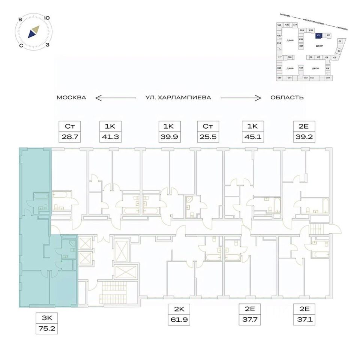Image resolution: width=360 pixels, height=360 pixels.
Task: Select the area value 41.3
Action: coord(110,137)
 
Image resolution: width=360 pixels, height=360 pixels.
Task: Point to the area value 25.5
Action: coord(208,137)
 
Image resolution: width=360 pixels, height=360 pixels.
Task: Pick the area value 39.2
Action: coord(303,137)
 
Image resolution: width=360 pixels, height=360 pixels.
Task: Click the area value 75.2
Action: coord(47,330)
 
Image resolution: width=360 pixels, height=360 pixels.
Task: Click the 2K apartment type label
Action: coord(180,309)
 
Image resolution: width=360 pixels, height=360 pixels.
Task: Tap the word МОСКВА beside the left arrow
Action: coord(71,97)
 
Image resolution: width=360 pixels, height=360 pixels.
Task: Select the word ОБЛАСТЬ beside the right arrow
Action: coord(287,97)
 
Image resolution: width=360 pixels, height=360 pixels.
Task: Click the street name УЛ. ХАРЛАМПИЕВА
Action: coord(178,97)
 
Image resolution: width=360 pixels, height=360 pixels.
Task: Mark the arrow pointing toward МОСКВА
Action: coord(115,98)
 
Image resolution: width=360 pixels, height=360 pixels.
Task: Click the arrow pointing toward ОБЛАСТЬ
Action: coord(240,98)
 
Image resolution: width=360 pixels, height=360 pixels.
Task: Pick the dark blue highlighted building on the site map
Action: coord(318,35)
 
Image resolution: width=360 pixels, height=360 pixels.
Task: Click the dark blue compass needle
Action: coord(31,34)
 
